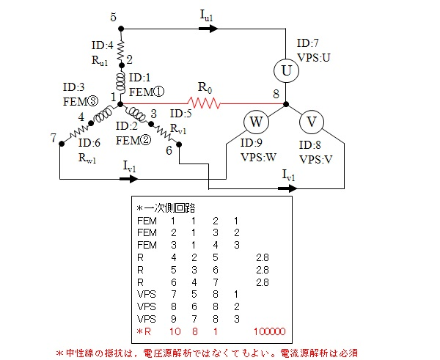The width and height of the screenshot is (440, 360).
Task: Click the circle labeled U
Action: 287,72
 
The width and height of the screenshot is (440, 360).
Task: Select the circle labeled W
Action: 257,122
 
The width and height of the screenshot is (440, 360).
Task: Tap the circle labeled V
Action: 311,122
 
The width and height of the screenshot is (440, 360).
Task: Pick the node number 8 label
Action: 276,95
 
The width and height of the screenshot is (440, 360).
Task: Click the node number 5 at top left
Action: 112,17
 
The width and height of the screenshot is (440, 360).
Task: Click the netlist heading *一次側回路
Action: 164,207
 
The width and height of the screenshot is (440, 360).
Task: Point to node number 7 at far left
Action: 53,138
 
